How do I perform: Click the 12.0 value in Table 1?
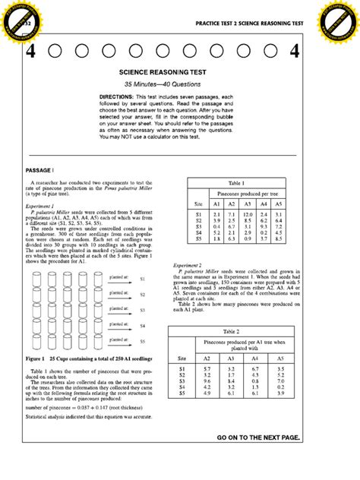click(247, 215)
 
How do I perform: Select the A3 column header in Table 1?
click(247, 204)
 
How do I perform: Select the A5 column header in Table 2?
click(280, 357)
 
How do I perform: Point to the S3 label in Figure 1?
click(142, 310)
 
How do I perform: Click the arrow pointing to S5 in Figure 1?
click(120, 344)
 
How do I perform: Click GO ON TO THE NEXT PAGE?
click(258, 438)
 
